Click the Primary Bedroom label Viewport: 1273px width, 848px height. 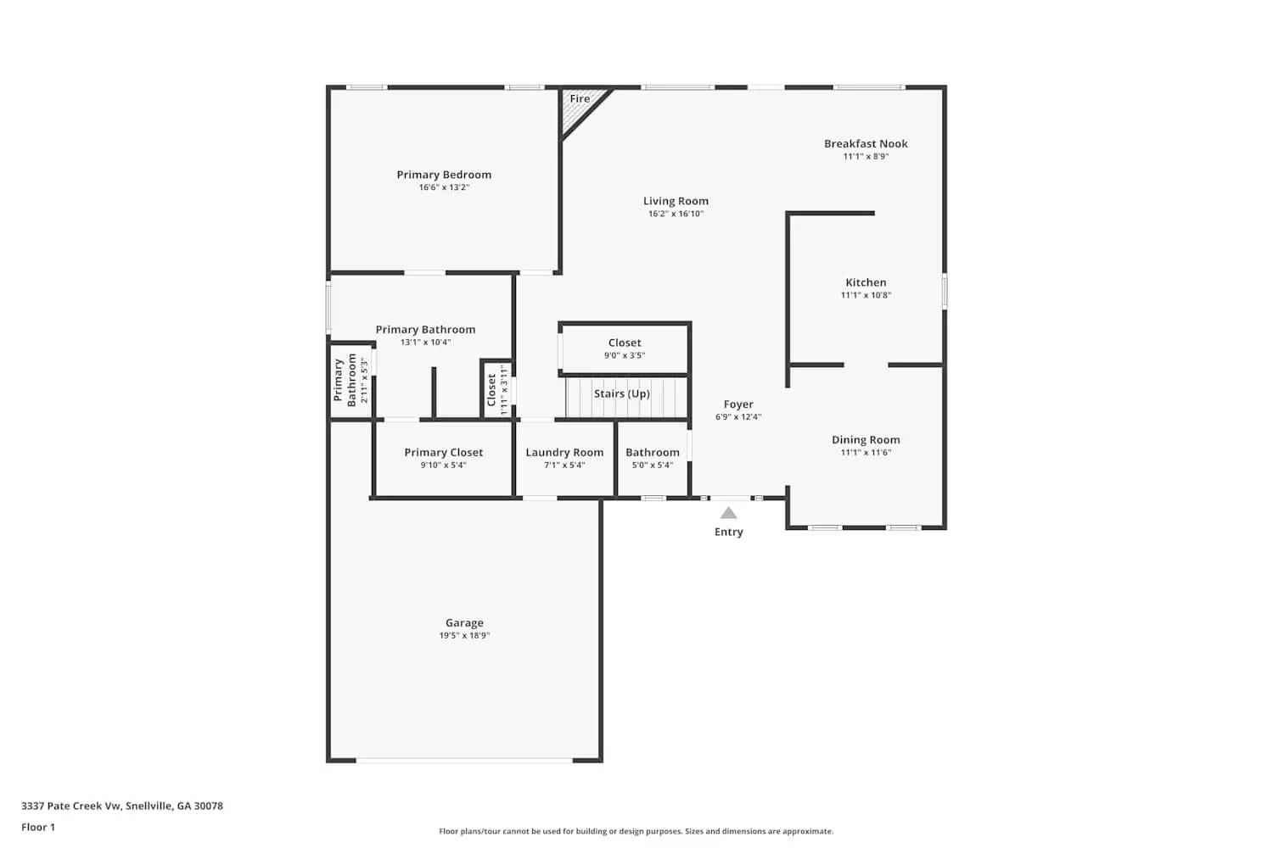click(444, 175)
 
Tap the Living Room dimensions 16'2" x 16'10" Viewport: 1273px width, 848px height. click(676, 214)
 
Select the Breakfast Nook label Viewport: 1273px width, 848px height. click(866, 143)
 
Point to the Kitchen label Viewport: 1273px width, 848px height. click(866, 282)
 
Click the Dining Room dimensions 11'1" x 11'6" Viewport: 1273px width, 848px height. click(866, 452)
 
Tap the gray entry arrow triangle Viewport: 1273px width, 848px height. click(728, 513)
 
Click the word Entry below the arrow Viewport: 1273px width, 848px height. click(728, 532)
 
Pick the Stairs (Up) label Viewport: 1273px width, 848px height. click(622, 393)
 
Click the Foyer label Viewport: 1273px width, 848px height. click(738, 404)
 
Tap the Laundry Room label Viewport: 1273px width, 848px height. click(564, 452)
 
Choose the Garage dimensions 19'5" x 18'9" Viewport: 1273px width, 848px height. click(464, 635)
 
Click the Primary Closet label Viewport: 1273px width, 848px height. click(443, 452)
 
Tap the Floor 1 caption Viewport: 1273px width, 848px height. click(38, 827)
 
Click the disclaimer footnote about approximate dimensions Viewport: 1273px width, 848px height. click(636, 831)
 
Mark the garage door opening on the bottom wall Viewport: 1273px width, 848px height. click(464, 760)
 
